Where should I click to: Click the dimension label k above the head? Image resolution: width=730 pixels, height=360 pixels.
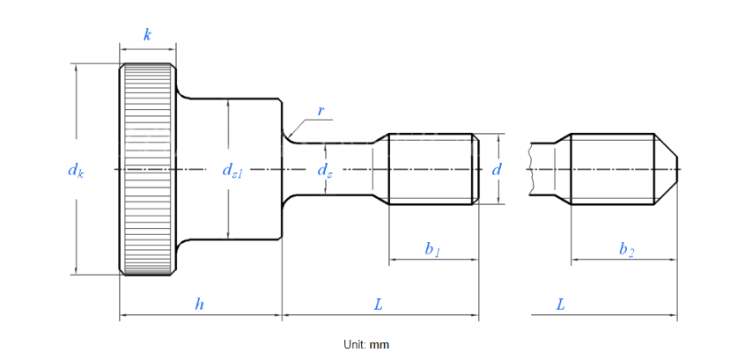147,35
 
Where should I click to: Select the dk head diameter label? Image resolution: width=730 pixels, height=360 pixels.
76,171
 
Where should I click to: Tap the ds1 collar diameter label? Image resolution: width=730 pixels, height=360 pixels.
232,171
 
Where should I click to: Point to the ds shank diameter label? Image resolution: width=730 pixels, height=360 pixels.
325,171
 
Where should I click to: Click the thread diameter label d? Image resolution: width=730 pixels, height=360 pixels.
498,170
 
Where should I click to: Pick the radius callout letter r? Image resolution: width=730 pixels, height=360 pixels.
321,111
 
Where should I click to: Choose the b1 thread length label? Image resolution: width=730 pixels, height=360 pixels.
431,250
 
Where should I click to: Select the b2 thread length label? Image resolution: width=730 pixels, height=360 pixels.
626,250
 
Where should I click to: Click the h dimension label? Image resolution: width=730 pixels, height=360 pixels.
200,305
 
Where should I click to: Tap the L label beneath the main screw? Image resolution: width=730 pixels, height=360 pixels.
379,305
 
